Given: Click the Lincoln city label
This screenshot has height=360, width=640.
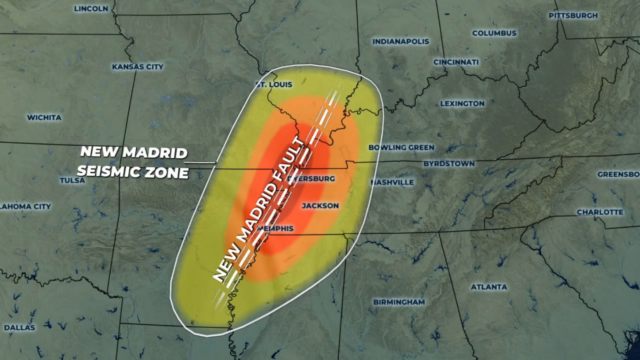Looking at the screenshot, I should [x=91, y=8].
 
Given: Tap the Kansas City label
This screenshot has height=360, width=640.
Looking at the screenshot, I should [x=138, y=67].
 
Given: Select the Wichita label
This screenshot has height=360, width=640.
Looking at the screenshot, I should [x=44, y=117].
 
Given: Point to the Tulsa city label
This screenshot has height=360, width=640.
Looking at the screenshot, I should [x=73, y=181].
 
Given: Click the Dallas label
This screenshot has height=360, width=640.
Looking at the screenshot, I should [x=19, y=327].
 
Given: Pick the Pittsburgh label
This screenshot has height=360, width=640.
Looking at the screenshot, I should [x=574, y=16].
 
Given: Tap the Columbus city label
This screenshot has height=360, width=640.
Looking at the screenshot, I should [x=494, y=32].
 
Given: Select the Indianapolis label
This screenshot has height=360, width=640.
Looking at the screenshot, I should [x=400, y=42].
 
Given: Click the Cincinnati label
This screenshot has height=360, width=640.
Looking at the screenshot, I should [x=456, y=62].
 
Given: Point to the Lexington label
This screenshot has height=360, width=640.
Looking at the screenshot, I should [x=462, y=103].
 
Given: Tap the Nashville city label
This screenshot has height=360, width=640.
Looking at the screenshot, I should [x=391, y=182].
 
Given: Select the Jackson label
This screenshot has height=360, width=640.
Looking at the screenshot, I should [x=321, y=205].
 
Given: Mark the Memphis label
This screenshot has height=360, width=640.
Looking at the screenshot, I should [x=275, y=228].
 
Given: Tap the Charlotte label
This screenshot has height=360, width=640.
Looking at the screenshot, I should [x=599, y=212].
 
